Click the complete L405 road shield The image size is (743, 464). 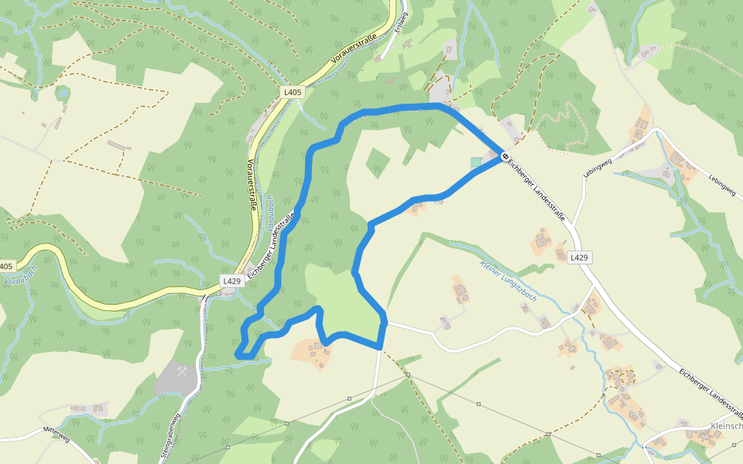tap(293, 92)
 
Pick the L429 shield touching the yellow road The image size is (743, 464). tap(231, 281)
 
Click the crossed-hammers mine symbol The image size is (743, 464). tap(183, 372)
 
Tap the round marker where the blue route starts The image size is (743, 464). tap(505, 156)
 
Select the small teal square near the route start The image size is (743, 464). tap(475, 162)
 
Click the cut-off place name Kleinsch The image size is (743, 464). tap(726, 426)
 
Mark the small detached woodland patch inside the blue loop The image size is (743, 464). tap(378, 162)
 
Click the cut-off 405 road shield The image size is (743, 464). tap(5, 266)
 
